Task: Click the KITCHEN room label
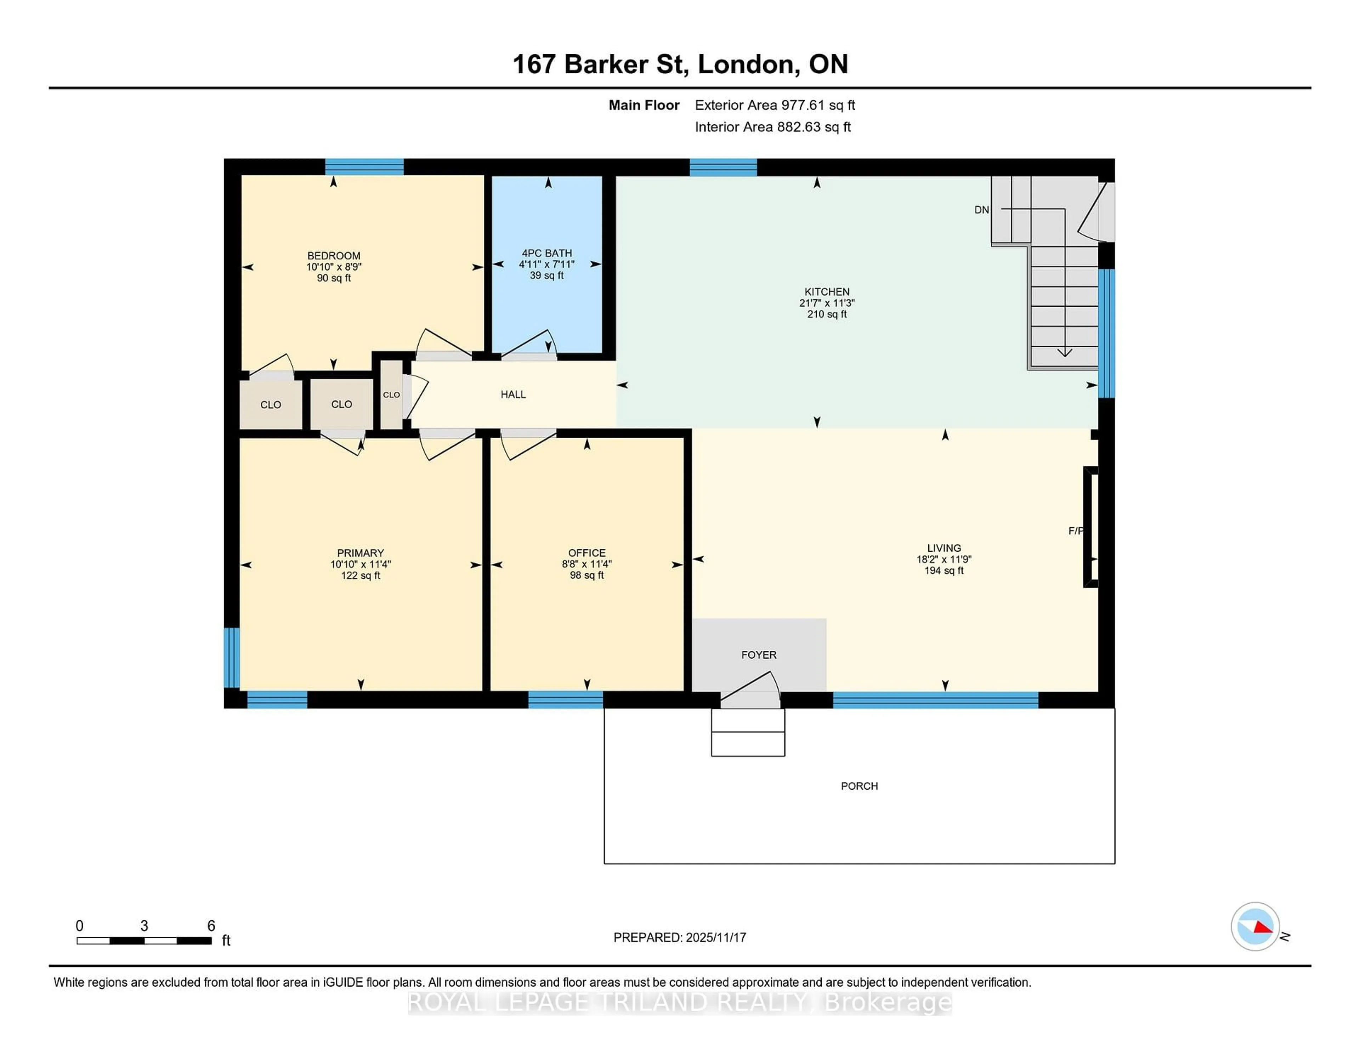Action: pos(826,291)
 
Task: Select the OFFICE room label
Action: pos(586,552)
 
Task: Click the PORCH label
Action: pos(859,786)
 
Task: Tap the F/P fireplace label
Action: pos(1075,530)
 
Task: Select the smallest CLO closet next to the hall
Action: pos(391,395)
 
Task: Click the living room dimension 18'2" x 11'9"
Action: pos(943,559)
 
